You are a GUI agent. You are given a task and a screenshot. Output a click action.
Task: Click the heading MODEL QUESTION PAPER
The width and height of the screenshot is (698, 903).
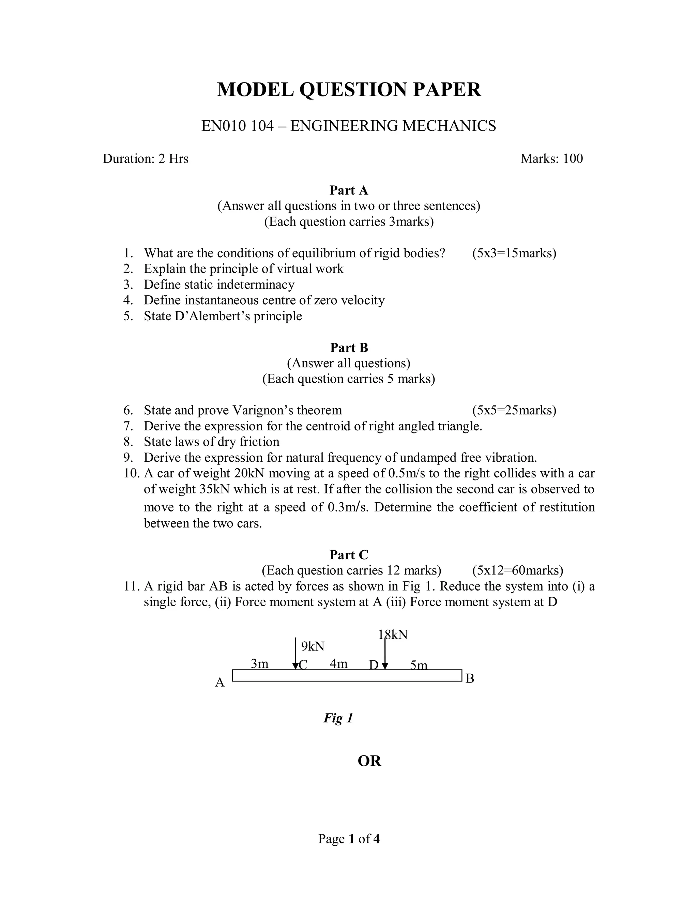pyautogui.click(x=349, y=90)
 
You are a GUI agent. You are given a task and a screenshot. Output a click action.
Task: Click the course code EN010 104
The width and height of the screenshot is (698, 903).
pyautogui.click(x=237, y=126)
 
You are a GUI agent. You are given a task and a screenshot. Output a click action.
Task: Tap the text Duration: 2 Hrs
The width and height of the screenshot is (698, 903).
pyautogui.click(x=146, y=159)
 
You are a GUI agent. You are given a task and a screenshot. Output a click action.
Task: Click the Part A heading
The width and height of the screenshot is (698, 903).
pyautogui.click(x=349, y=190)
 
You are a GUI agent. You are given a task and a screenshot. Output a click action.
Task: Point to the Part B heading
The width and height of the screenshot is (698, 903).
pyautogui.click(x=349, y=348)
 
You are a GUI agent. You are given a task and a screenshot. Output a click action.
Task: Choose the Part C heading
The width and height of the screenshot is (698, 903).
pyautogui.click(x=349, y=555)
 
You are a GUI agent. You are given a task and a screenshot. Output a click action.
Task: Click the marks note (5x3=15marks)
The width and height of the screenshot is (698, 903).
pyautogui.click(x=514, y=253)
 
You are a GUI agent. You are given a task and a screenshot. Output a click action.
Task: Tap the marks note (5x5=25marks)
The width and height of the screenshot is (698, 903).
pyautogui.click(x=514, y=410)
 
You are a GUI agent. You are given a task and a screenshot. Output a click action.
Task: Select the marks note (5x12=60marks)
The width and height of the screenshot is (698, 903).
pyautogui.click(x=517, y=570)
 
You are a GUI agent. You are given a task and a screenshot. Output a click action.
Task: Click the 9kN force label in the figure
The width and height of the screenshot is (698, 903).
pyautogui.click(x=313, y=646)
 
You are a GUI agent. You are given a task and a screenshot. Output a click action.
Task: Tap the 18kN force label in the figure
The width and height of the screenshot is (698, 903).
pyautogui.click(x=393, y=635)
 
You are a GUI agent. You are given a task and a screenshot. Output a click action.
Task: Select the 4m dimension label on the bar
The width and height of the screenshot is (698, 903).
pyautogui.click(x=338, y=663)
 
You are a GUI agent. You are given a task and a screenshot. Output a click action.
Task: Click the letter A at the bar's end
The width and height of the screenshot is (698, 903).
pyautogui.click(x=219, y=683)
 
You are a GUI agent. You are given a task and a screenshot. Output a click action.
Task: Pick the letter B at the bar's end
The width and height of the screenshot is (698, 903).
pyautogui.click(x=470, y=678)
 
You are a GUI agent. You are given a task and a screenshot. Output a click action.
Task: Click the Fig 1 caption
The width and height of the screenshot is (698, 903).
pyautogui.click(x=338, y=718)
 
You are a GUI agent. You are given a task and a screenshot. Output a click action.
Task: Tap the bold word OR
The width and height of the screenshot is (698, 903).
pyautogui.click(x=369, y=761)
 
